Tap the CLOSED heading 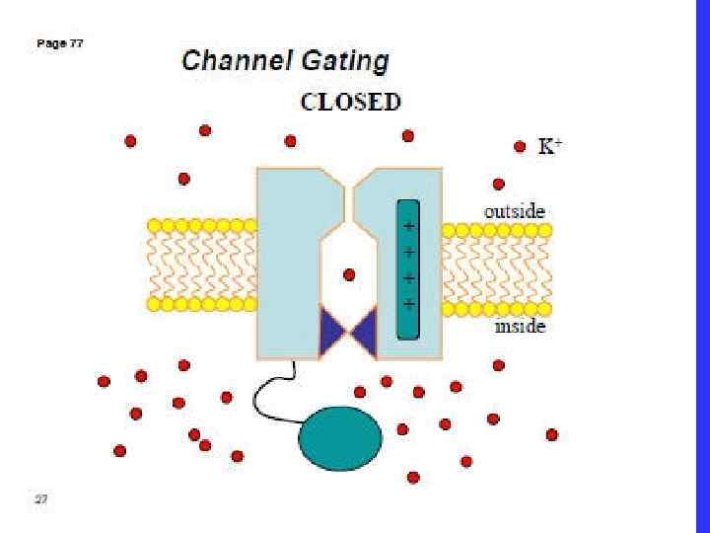pos(350,102)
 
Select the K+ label pos(549,147)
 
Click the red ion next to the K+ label pos(520,147)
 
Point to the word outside pos(514,211)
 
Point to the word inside pos(520,327)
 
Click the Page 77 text pos(59,43)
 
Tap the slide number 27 pos(40,499)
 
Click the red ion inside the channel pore pos(348,275)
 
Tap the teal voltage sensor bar pos(408,268)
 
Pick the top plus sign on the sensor pos(408,226)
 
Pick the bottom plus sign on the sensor pos(408,302)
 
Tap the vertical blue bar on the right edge pos(701,266)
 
